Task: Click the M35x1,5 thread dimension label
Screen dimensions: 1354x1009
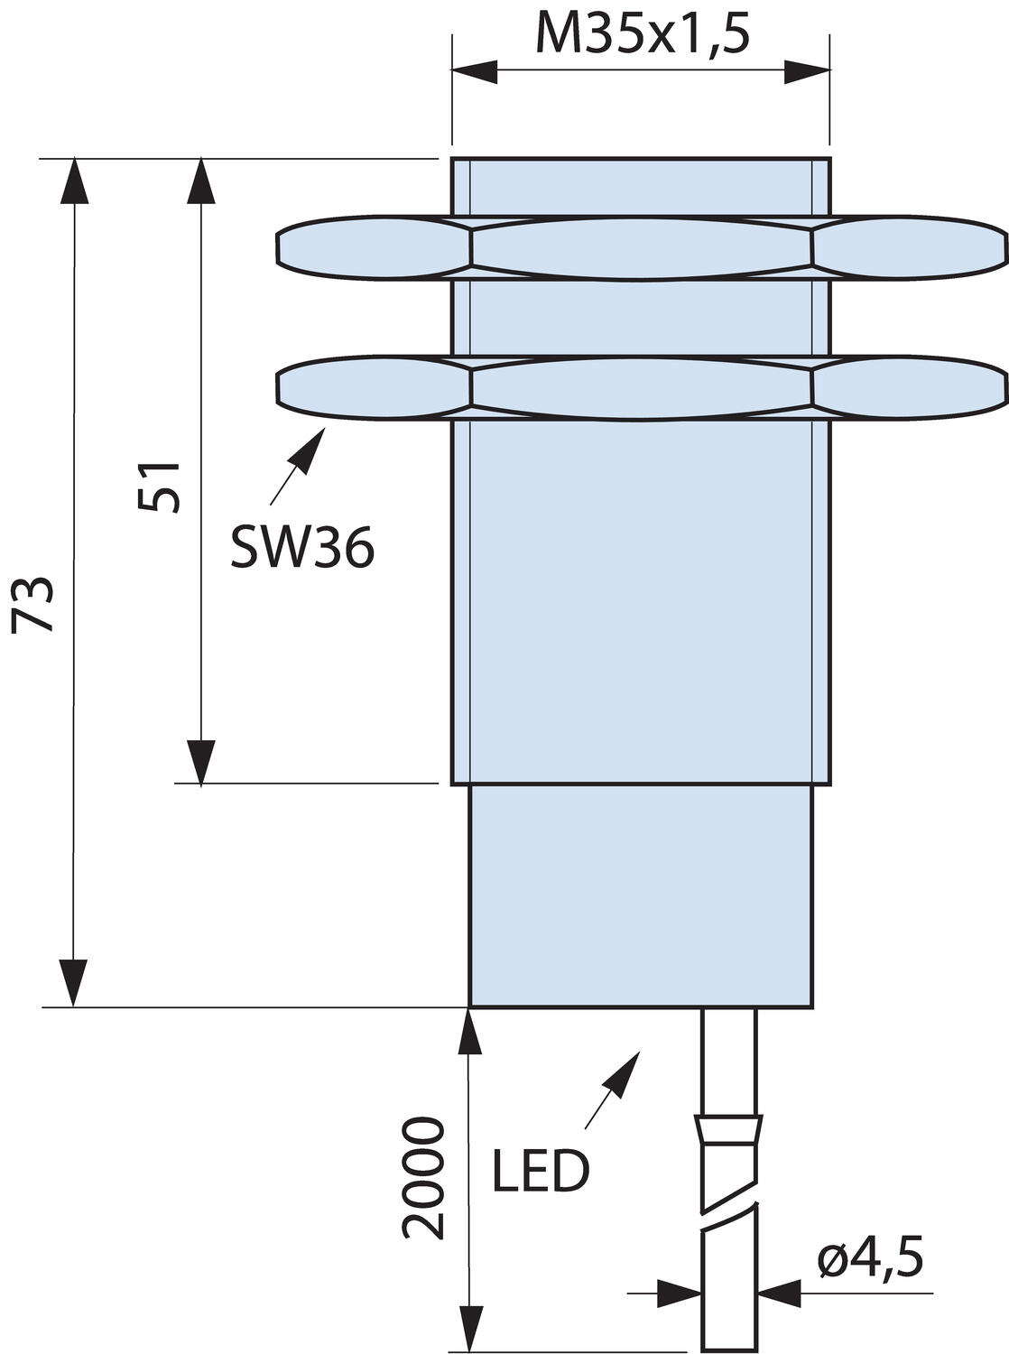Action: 642,36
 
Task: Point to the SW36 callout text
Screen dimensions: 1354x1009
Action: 301,546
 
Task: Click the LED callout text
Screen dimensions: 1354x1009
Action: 541,1171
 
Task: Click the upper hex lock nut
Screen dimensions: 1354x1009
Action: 641,246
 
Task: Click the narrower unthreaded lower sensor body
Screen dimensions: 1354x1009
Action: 641,894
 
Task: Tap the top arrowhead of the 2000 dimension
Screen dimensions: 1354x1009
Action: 469,1031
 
